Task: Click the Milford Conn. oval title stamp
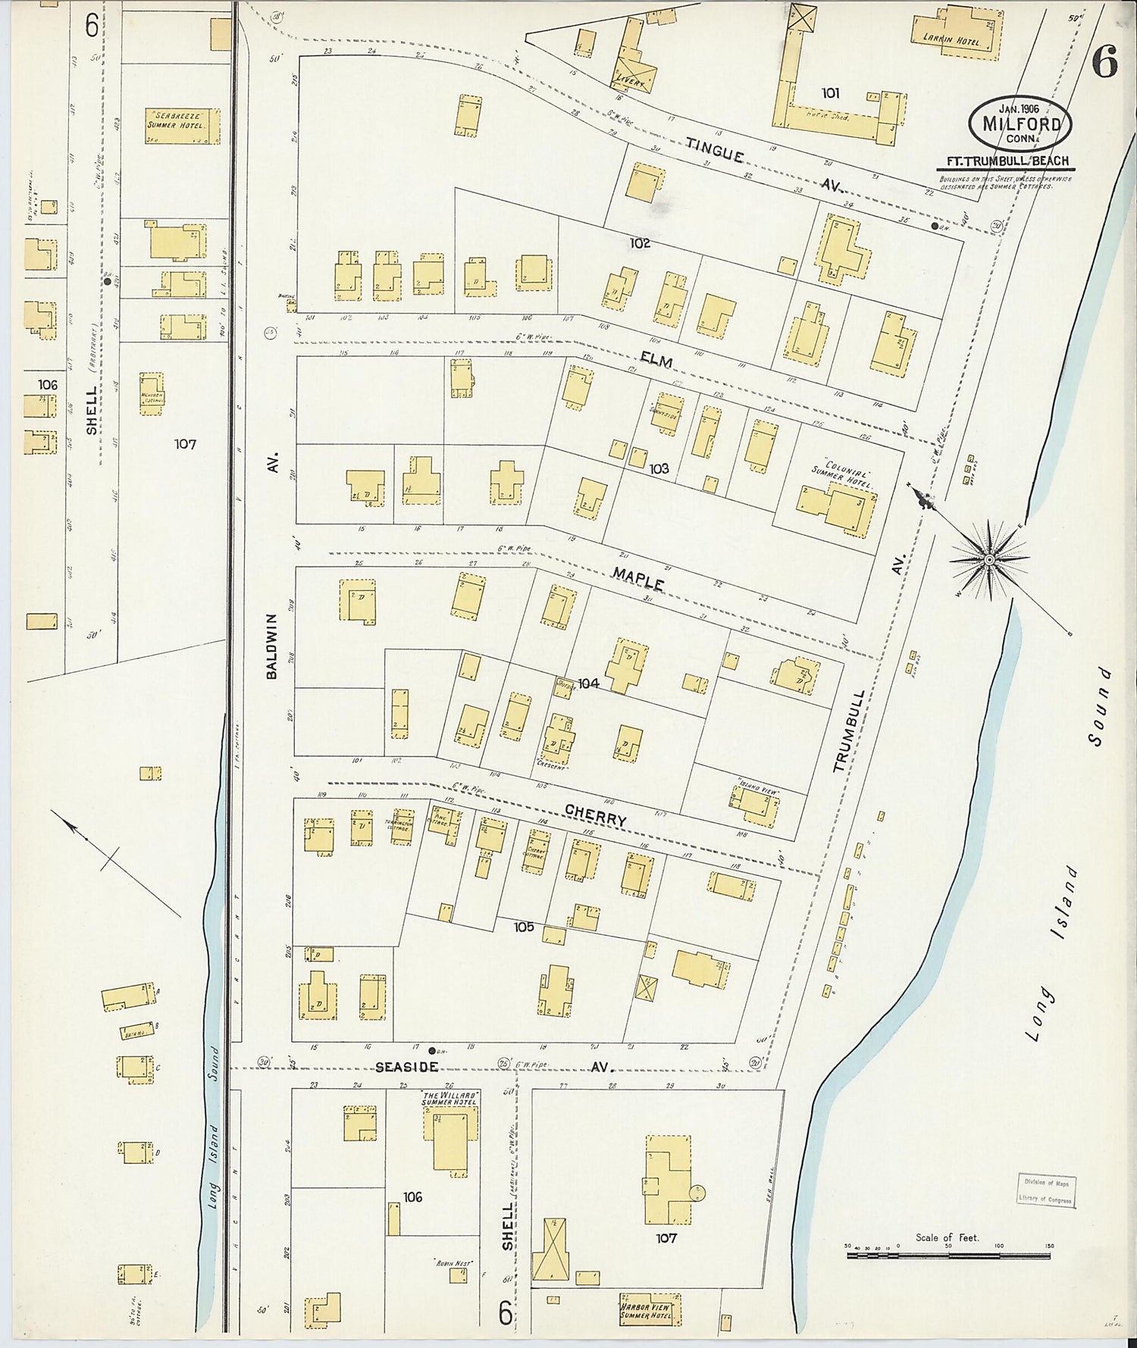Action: tap(1020, 122)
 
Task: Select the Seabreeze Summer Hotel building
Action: tap(183, 126)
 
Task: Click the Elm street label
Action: tap(656, 361)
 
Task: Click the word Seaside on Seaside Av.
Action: tap(407, 1067)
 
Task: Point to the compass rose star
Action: tap(989, 560)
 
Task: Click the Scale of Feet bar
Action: tap(947, 1256)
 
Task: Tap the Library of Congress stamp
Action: tap(1046, 1190)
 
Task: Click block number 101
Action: tap(830, 92)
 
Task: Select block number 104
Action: tap(588, 683)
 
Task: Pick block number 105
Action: tap(524, 927)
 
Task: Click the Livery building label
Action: tap(629, 81)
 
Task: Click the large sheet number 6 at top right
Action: tap(1105, 62)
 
